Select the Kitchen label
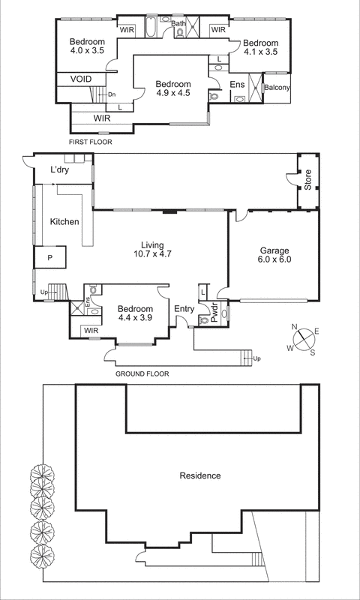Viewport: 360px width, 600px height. click(x=64, y=222)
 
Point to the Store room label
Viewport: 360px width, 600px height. click(x=307, y=181)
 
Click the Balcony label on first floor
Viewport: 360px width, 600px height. click(x=277, y=88)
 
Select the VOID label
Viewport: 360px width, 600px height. click(x=81, y=79)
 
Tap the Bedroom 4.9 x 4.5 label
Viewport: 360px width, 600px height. click(x=173, y=89)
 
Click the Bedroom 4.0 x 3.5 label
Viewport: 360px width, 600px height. click(x=87, y=46)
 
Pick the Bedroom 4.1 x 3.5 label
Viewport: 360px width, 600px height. click(x=261, y=48)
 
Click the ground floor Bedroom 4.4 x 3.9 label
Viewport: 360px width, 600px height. click(x=135, y=313)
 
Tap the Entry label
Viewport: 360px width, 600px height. click(x=183, y=308)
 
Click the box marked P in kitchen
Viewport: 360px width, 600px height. click(x=50, y=257)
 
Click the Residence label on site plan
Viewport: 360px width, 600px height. click(x=200, y=475)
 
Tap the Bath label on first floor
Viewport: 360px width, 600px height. click(x=178, y=24)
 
